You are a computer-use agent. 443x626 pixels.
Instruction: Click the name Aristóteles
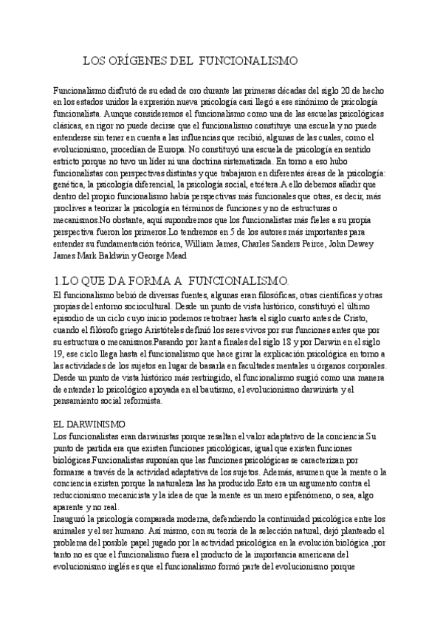coord(168,331)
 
